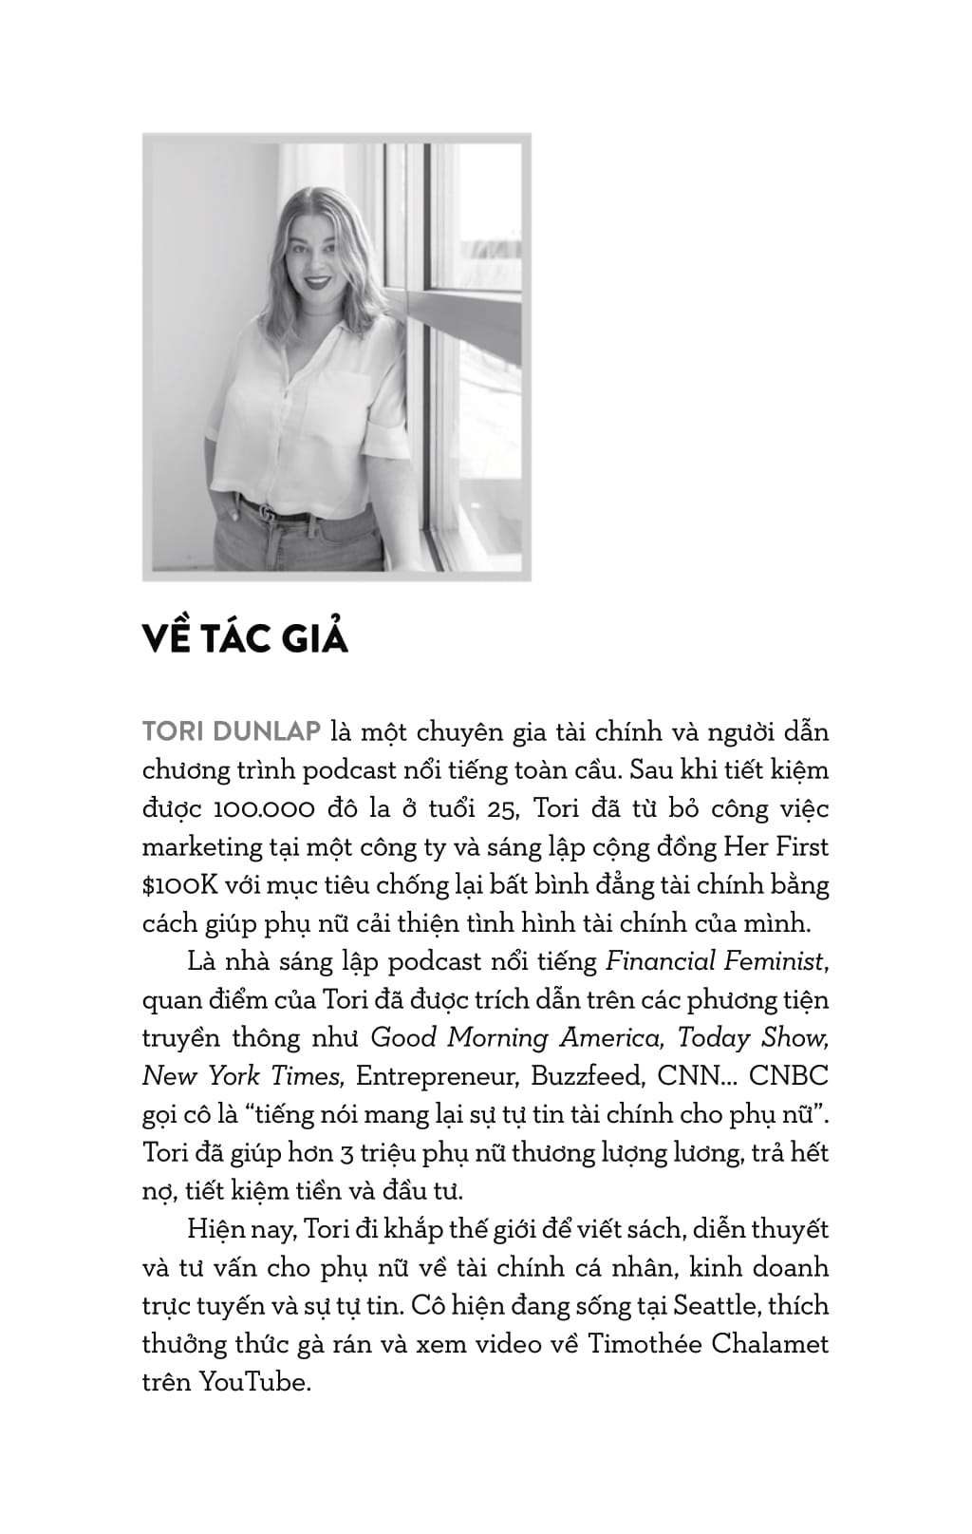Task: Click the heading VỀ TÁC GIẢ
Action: tap(245, 638)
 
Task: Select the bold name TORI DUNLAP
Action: tap(231, 733)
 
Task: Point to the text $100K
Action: tap(180, 885)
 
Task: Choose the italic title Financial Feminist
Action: tap(715, 961)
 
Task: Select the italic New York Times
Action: tap(241, 1076)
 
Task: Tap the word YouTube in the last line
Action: tap(254, 1382)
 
